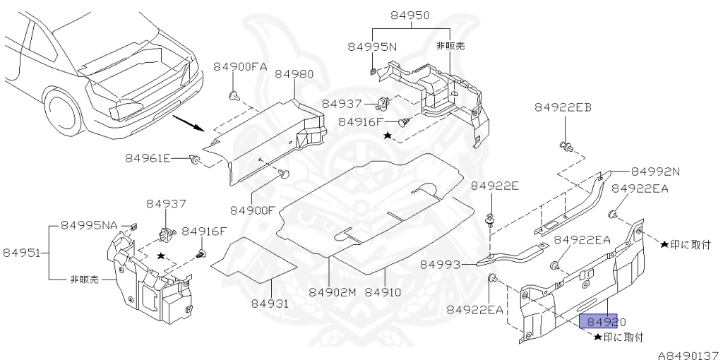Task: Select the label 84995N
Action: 372,47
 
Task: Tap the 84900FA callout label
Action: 240,67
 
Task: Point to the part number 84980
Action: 294,74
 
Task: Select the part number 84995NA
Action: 89,225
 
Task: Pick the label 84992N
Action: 655,171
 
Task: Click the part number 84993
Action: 440,265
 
